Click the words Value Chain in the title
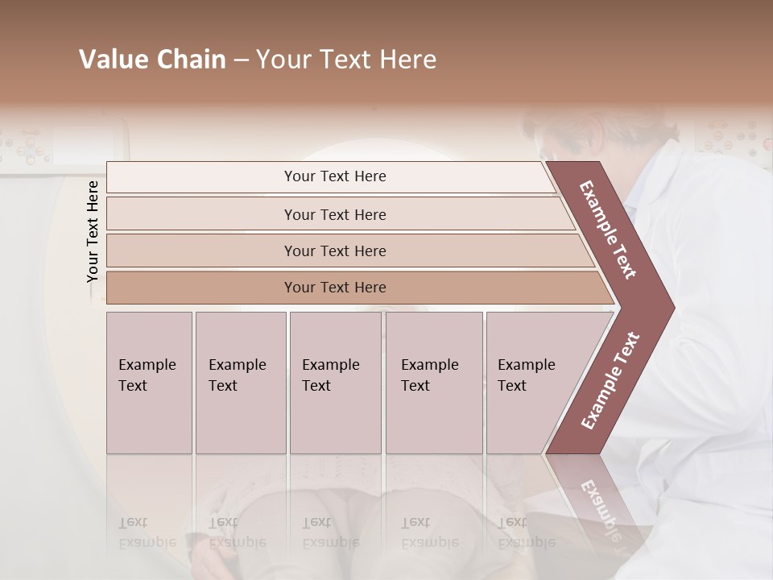pos(152,60)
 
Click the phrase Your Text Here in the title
pos(346,60)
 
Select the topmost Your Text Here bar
pos(335,176)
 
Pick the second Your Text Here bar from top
pos(335,214)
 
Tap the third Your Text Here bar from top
pos(335,251)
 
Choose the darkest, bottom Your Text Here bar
pos(335,288)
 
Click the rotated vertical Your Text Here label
pos(93,231)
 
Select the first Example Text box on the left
pos(149,383)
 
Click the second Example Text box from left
pos(240,383)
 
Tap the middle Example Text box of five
pos(334,383)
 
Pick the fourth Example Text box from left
pos(433,383)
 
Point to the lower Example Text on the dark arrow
pos(610,381)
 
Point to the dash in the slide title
pos(241,60)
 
